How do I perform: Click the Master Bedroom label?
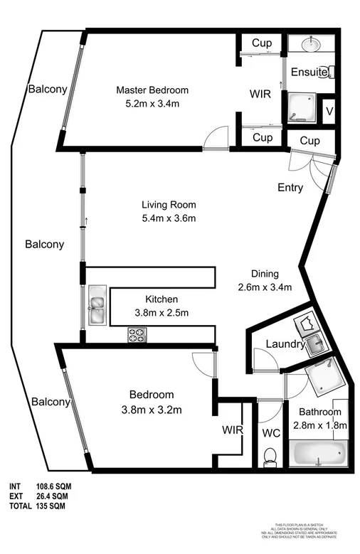click(x=152, y=90)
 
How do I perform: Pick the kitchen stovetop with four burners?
click(x=137, y=334)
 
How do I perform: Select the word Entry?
click(x=290, y=188)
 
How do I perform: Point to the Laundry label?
click(x=285, y=344)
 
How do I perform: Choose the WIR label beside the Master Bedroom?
click(x=259, y=92)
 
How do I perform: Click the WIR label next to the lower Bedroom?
click(x=233, y=430)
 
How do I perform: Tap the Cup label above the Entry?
click(x=309, y=140)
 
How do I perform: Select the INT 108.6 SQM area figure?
click(x=39, y=486)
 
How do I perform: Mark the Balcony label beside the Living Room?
click(x=44, y=244)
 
